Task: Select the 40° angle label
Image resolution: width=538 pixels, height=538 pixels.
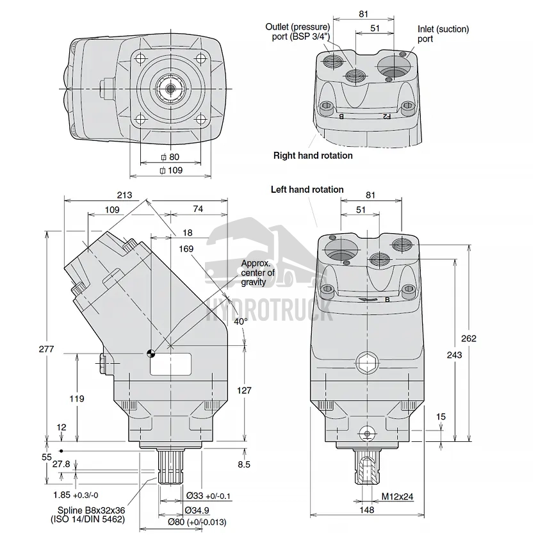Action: (240, 321)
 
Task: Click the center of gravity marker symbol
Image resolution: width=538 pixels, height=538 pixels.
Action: (151, 352)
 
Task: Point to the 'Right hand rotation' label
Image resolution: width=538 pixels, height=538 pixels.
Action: (313, 156)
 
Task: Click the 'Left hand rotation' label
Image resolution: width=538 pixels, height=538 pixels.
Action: (307, 190)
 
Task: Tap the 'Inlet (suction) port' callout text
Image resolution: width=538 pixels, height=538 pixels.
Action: (443, 34)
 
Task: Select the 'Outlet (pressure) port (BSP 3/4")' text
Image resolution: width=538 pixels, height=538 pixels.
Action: (298, 31)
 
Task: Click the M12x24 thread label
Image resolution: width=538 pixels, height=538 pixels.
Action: (398, 496)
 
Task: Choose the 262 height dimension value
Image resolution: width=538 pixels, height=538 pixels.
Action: (469, 339)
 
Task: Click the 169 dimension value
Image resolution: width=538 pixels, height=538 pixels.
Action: (186, 249)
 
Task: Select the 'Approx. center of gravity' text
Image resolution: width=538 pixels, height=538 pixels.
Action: (257, 273)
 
